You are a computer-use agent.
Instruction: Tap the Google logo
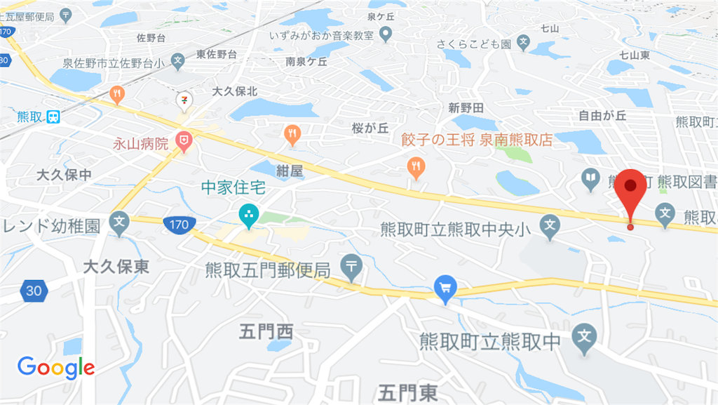[x=56, y=367]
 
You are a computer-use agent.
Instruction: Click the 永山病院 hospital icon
[x=184, y=143]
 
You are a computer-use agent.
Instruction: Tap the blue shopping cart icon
[x=445, y=287]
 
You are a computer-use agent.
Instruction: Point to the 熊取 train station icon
[x=53, y=117]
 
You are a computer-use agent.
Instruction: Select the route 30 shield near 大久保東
[x=32, y=290]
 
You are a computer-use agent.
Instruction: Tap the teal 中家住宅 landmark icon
[x=248, y=215]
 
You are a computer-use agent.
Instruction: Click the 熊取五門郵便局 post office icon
[x=351, y=266]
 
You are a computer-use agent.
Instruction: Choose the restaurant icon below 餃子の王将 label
[x=416, y=166]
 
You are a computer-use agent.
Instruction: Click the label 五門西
[x=266, y=331]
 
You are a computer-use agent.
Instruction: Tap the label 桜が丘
[x=370, y=128]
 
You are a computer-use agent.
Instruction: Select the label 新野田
[x=466, y=107]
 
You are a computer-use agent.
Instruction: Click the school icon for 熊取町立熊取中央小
[x=550, y=225]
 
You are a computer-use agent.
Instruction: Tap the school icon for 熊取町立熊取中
[x=584, y=339]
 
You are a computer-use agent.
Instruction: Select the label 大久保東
[x=116, y=267]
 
